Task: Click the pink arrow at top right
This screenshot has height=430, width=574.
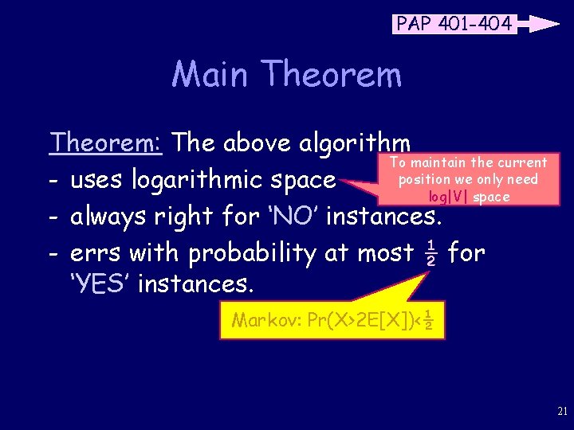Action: click(x=539, y=24)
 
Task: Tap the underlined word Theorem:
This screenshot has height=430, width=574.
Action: click(x=106, y=143)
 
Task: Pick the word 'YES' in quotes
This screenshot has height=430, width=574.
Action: click(x=100, y=283)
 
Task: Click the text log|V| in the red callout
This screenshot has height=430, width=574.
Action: click(x=449, y=197)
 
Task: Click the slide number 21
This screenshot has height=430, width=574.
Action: click(x=561, y=411)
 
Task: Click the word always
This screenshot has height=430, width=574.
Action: click(x=108, y=217)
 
